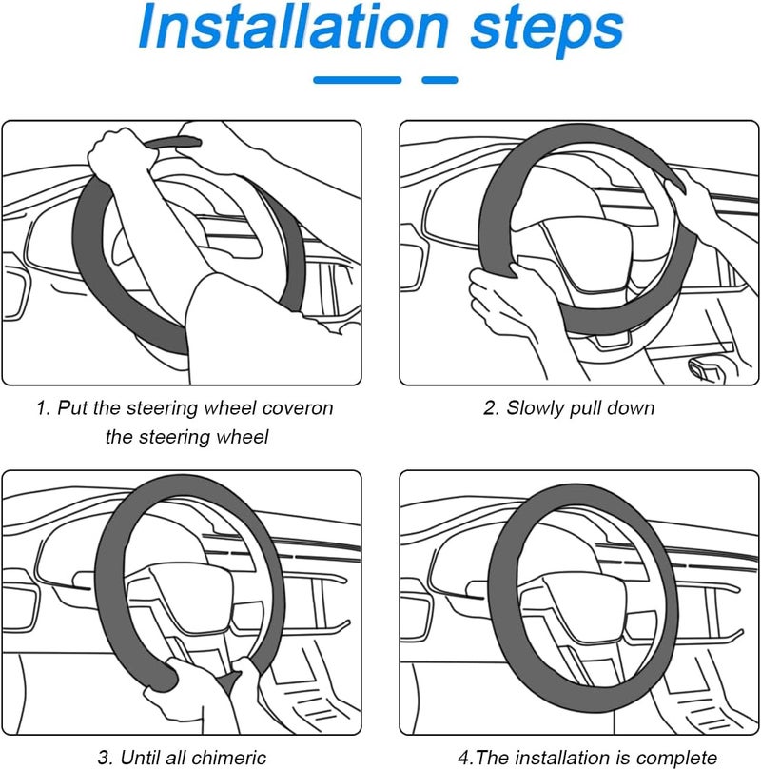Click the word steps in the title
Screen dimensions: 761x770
click(547, 31)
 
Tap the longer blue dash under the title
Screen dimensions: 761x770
click(357, 80)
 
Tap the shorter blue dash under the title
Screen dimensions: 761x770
click(439, 80)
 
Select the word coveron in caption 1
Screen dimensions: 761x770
click(298, 408)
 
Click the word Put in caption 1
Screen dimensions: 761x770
click(72, 408)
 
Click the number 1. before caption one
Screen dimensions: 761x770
click(44, 408)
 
